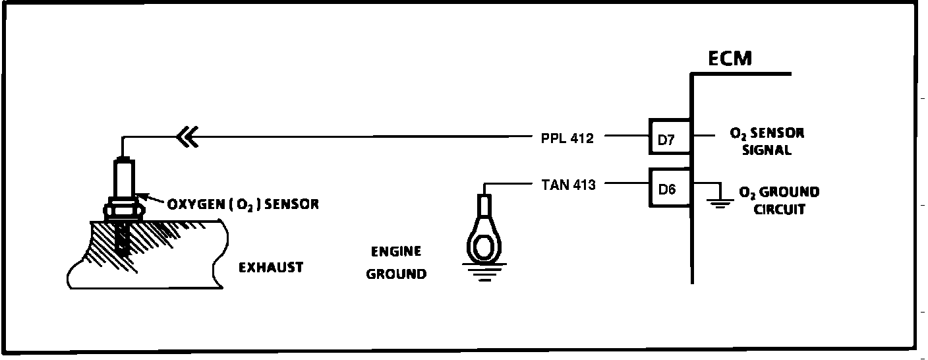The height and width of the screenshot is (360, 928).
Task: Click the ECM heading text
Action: pyautogui.click(x=730, y=59)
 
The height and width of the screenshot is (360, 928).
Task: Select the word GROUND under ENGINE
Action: pyautogui.click(x=396, y=274)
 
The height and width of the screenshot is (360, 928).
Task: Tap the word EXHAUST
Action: pyautogui.click(x=270, y=267)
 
